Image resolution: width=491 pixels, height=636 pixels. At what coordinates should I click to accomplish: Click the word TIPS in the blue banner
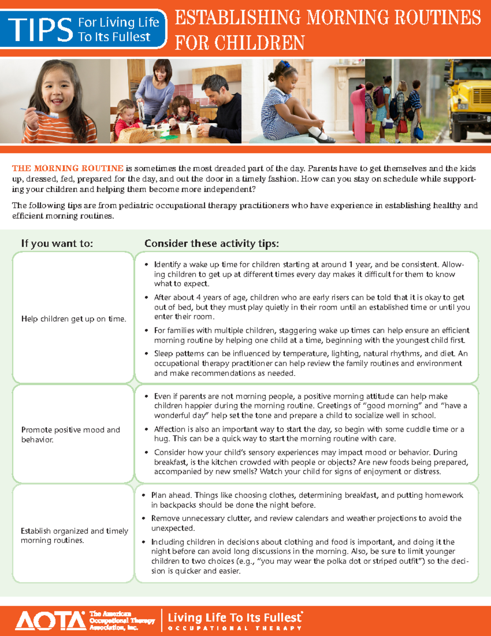(x=40, y=29)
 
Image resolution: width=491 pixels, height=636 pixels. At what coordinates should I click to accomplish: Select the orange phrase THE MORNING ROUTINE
(x=68, y=168)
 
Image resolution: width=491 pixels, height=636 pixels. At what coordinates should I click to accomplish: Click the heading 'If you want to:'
(x=57, y=244)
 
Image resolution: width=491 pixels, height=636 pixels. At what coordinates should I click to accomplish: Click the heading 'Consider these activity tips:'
(x=212, y=244)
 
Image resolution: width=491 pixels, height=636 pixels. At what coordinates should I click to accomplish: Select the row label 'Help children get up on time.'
(x=74, y=319)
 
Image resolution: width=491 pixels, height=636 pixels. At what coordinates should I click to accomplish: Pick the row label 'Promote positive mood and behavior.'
(x=70, y=435)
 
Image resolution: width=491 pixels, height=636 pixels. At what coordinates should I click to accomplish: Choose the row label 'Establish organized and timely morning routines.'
(x=74, y=536)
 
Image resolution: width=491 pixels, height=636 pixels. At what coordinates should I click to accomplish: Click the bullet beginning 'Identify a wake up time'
(x=146, y=265)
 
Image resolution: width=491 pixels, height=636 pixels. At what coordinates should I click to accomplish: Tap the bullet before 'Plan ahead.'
(x=144, y=496)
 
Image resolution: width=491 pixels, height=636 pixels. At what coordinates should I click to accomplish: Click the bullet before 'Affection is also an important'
(x=146, y=430)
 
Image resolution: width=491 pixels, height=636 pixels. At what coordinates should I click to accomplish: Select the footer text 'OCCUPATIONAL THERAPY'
(x=235, y=628)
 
